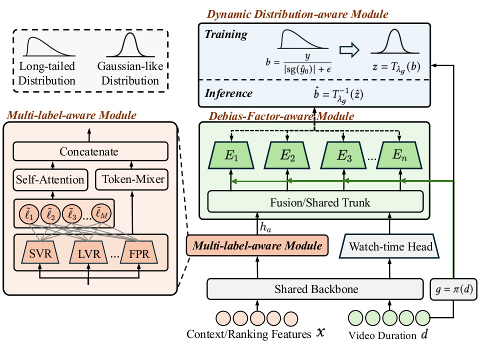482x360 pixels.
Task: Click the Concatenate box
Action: click(90, 151)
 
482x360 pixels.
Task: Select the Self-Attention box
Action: click(50, 179)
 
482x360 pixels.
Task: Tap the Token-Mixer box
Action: click(131, 179)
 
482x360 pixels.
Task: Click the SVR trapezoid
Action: click(40, 252)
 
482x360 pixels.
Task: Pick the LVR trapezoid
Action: click(89, 252)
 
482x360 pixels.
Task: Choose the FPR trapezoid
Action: click(139, 252)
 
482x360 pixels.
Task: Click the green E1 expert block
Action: click(231, 155)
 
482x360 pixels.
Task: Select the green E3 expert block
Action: click(343, 155)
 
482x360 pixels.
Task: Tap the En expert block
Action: click(399, 155)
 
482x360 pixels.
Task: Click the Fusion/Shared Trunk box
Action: click(315, 202)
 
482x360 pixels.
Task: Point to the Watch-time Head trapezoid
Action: click(389, 246)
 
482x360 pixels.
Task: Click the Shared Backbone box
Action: click(315, 289)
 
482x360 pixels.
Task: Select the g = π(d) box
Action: click(453, 289)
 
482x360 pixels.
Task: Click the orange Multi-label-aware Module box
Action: click(257, 245)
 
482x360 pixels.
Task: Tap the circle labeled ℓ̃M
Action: click(101, 213)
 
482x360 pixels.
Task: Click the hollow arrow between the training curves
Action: click(349, 50)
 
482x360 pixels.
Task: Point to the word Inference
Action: click(228, 93)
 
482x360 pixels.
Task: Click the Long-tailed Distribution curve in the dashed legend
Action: click(49, 46)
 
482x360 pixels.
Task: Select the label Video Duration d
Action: click(388, 335)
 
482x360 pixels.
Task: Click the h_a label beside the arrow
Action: click(265, 227)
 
